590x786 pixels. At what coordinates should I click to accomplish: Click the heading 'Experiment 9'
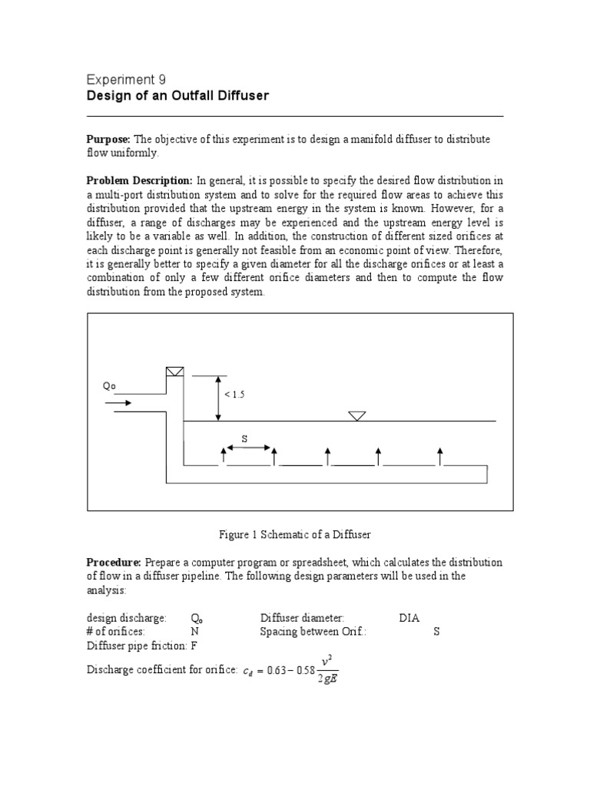coord(126,80)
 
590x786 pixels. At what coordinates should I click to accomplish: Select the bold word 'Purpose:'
coord(109,139)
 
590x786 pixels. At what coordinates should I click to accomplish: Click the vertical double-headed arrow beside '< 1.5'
coord(219,398)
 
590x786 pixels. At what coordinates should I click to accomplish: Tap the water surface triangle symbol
coord(356,415)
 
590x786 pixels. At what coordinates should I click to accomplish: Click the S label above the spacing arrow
coord(245,438)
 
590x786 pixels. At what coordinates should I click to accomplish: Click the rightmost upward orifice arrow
coord(440,457)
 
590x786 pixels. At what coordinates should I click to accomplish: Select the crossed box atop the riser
coord(175,372)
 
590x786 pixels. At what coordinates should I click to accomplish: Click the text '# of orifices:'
coord(114,632)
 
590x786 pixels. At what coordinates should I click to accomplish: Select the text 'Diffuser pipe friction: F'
coord(142,646)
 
